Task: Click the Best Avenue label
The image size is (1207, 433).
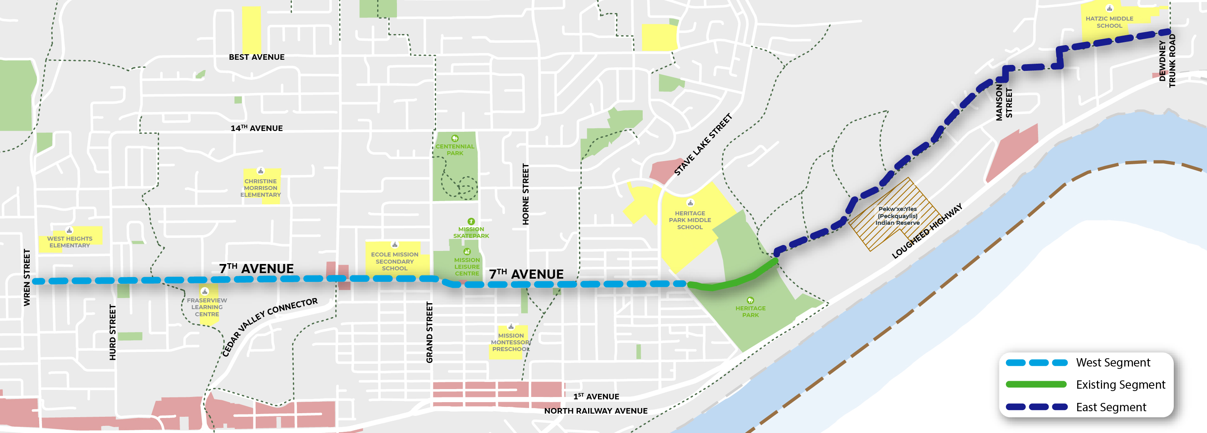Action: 256,57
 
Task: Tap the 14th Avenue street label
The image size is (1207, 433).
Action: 256,128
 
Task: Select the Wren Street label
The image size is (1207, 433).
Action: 27,277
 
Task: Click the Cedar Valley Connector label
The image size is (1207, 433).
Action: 269,327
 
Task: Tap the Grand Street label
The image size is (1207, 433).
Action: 429,332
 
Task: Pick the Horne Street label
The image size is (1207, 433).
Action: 525,194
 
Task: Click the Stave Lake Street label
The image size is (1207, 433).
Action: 702,144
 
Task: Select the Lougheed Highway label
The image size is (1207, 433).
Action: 926,231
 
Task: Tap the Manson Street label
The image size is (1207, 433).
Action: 1004,104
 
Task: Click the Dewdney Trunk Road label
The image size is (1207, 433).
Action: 1167,61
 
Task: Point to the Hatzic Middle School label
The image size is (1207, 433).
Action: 1109,22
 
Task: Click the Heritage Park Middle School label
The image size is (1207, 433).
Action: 690,220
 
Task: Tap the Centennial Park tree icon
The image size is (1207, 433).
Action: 454,138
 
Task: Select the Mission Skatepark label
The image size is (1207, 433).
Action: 471,232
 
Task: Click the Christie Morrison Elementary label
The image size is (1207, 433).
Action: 260,188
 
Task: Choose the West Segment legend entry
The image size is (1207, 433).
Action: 1112,363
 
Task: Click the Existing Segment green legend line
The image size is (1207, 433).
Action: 1036,385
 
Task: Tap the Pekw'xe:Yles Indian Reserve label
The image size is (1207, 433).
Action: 897,216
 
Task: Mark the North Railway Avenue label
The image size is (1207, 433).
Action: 596,411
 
